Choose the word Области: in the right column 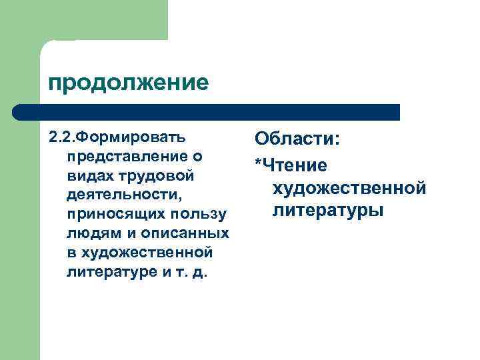click(x=297, y=140)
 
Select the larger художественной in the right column click(x=349, y=188)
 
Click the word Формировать click(x=129, y=137)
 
